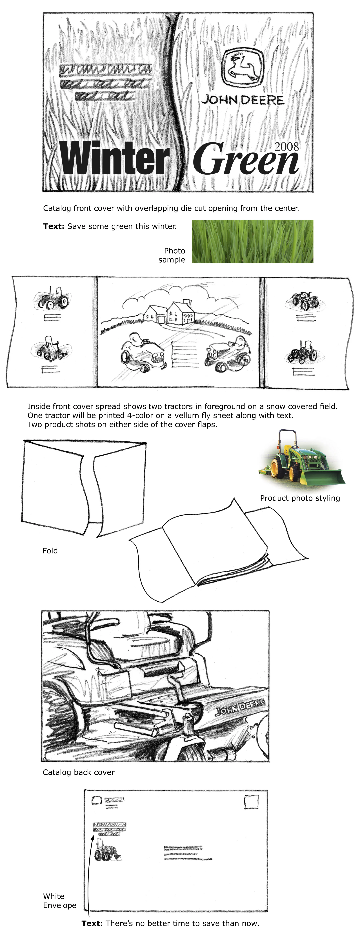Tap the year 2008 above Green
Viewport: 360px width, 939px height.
(286, 147)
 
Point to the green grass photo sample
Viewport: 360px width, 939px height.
(252, 241)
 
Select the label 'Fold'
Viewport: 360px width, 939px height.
(50, 550)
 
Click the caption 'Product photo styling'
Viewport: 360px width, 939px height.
(299, 498)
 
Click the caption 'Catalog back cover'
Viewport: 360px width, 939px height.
(78, 772)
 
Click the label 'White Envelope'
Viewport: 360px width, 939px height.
(59, 900)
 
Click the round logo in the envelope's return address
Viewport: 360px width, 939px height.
(96, 801)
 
